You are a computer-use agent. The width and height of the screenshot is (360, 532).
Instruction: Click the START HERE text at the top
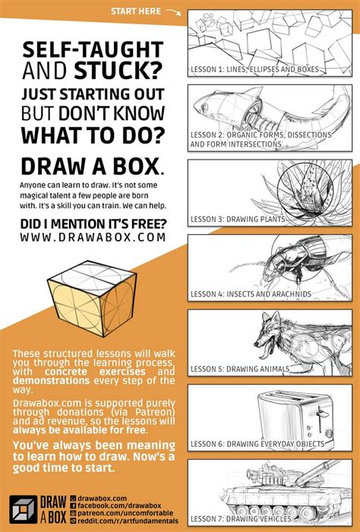(135, 11)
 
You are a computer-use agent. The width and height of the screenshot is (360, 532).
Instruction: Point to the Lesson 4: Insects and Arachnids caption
(251, 294)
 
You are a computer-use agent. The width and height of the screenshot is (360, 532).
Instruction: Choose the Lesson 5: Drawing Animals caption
(242, 369)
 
